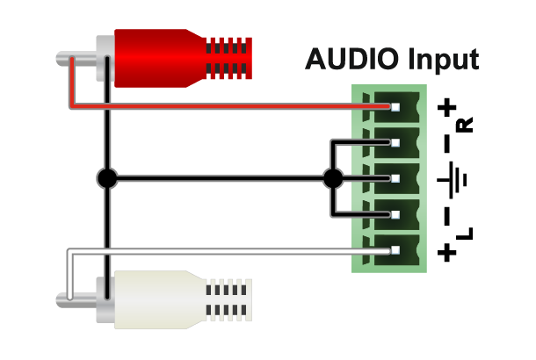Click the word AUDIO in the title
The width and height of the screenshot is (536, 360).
[351, 59]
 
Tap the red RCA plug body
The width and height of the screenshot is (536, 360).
[161, 59]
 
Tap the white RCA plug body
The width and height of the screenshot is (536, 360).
[161, 300]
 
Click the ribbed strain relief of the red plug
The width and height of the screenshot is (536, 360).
[229, 59]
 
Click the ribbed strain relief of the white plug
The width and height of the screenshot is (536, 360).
[229, 300]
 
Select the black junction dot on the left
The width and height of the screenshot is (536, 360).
[107, 178]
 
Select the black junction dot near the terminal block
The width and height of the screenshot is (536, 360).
[333, 178]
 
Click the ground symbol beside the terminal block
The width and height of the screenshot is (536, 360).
[452, 180]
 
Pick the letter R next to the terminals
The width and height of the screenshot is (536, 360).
[465, 125]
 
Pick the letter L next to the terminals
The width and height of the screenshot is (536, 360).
[465, 234]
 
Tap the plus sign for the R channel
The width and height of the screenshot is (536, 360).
[447, 108]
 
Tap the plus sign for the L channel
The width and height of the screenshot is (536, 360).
[447, 252]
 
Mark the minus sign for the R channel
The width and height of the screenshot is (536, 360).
[447, 143]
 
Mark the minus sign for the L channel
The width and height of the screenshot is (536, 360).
[447, 216]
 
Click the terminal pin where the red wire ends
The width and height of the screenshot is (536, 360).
[395, 107]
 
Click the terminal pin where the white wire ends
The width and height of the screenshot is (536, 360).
[395, 250]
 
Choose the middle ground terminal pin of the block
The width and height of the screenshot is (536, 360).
[395, 178]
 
